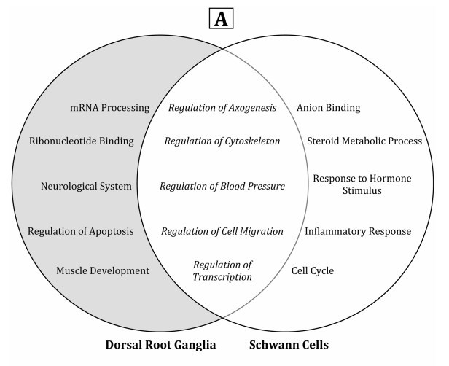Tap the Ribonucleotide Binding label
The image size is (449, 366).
tap(82, 141)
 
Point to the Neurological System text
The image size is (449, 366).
tap(86, 186)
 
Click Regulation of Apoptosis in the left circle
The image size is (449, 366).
tap(80, 231)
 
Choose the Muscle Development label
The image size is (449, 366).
tap(103, 270)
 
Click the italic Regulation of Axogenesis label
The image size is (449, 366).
tap(222, 108)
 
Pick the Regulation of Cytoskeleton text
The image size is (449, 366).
tap(222, 141)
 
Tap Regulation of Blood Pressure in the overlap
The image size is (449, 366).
tap(222, 186)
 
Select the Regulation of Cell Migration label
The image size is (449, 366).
tap(222, 231)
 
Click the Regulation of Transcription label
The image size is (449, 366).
tap(222, 270)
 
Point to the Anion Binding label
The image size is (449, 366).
tap(328, 108)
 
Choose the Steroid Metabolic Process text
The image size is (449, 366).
tap(364, 141)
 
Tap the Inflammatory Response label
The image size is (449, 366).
tap(358, 231)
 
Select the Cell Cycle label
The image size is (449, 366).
tap(312, 270)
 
